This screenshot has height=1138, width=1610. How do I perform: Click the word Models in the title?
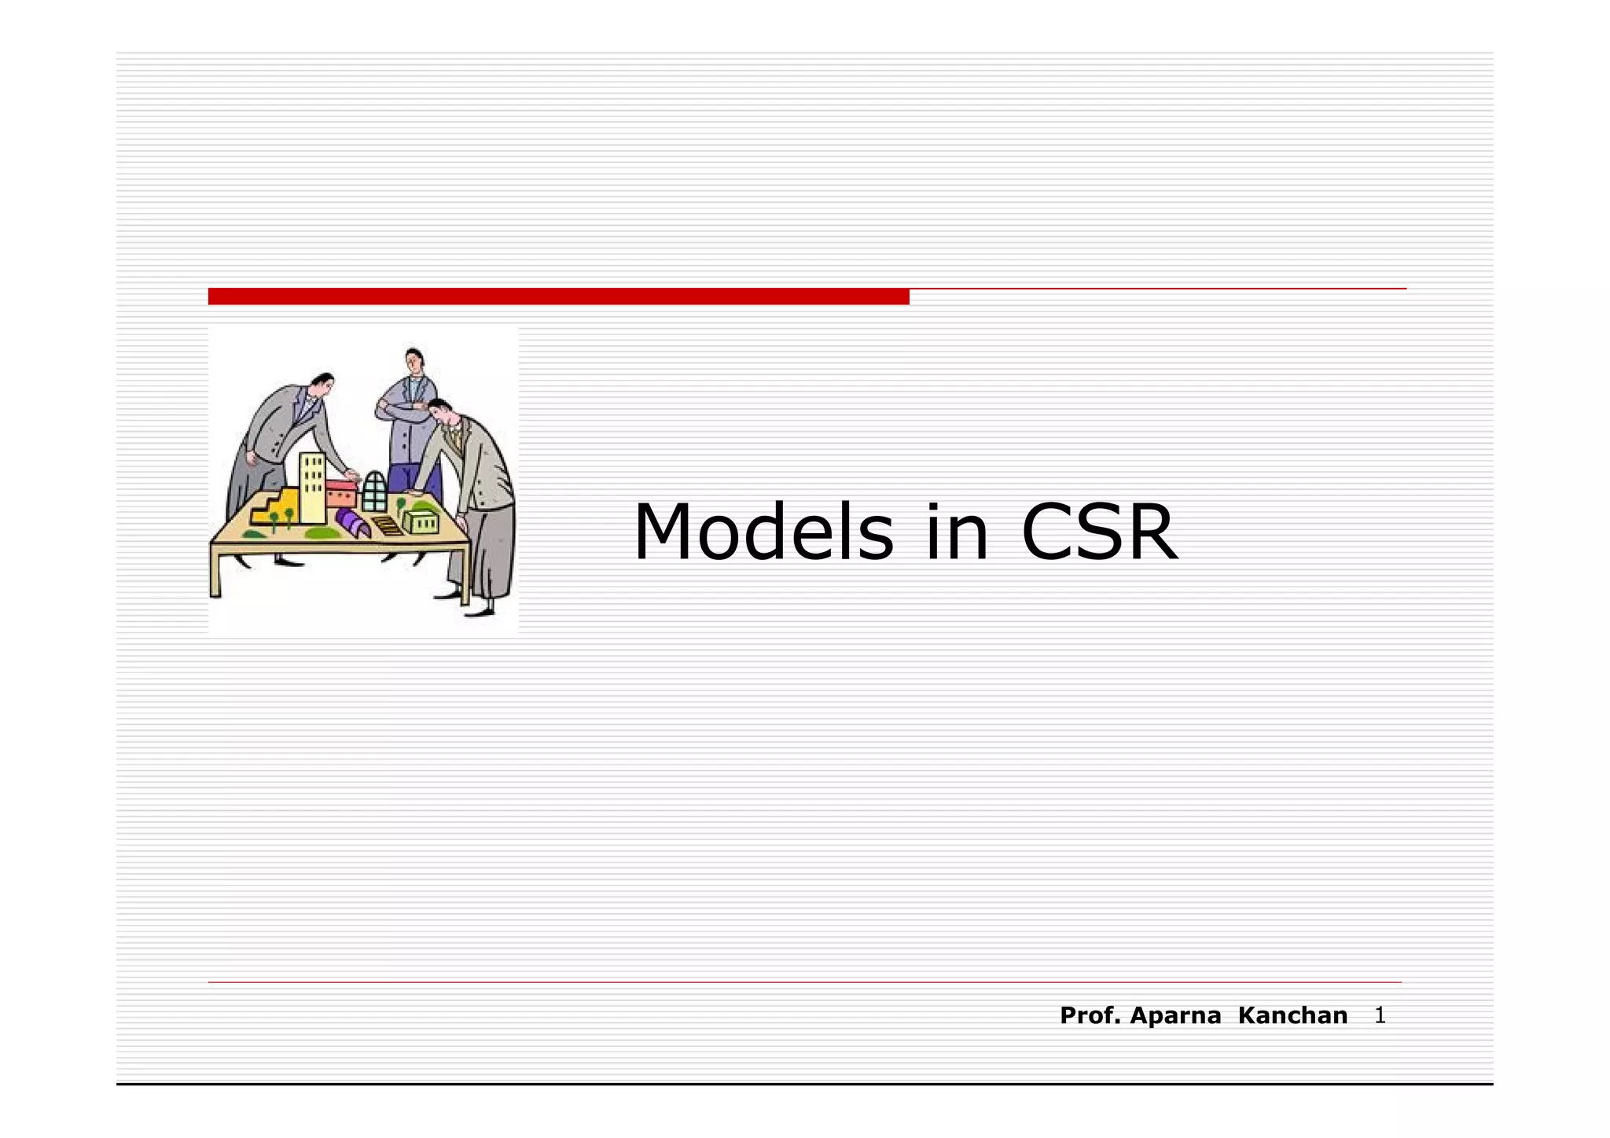[763, 533]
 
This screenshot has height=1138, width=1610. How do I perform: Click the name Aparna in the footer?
[1174, 1015]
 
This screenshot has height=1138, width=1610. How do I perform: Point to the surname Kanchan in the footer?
[1292, 1015]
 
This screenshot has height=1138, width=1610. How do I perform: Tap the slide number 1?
[1380, 1015]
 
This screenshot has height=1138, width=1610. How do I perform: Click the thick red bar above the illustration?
[558, 296]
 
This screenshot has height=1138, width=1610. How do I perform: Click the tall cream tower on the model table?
[312, 488]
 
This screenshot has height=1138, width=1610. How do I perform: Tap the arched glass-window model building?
[375, 491]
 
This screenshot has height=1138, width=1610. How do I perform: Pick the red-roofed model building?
[341, 494]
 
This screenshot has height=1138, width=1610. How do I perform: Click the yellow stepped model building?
[274, 506]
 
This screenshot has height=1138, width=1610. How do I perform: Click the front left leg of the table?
[215, 573]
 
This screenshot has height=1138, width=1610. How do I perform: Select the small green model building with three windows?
[421, 521]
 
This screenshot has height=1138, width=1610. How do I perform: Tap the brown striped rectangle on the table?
[387, 525]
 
